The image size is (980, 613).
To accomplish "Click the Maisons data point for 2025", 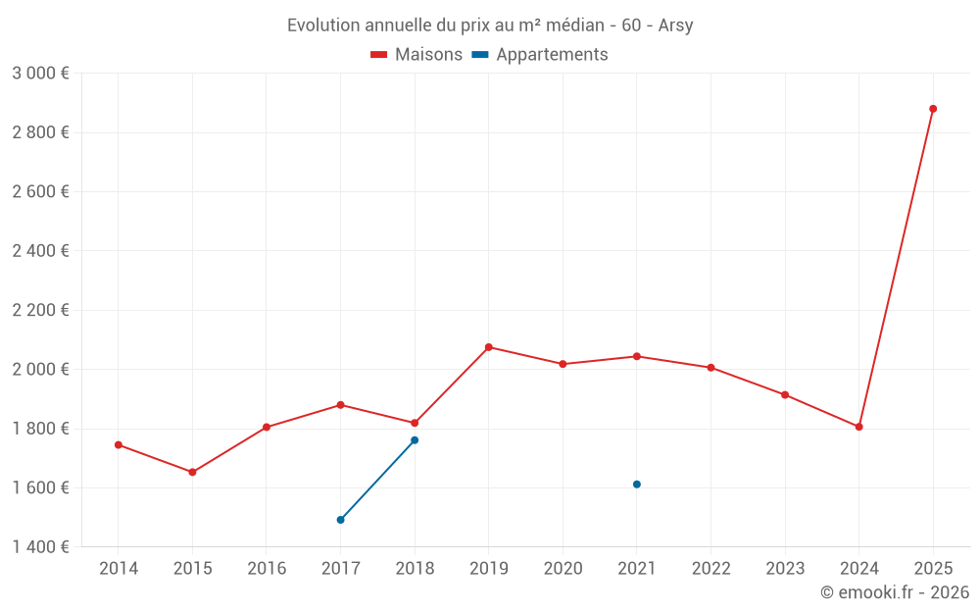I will pyautogui.click(x=933, y=109).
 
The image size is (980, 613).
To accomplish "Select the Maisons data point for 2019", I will pyautogui.click(x=489, y=347).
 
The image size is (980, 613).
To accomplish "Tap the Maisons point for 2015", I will pyautogui.click(x=192, y=472).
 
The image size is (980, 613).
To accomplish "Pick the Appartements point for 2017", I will pyautogui.click(x=340, y=520).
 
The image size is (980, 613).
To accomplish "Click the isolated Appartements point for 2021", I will pyautogui.click(x=637, y=485).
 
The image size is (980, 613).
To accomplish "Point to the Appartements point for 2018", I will pyautogui.click(x=415, y=440).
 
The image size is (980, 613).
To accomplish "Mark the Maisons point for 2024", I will pyautogui.click(x=858, y=427).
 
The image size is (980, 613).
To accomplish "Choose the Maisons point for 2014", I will pyautogui.click(x=119, y=444).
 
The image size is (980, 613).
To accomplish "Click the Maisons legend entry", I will pyautogui.click(x=416, y=55).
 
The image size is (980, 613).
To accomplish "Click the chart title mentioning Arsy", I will pyautogui.click(x=490, y=26).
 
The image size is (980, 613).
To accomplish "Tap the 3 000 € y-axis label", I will pyautogui.click(x=40, y=74).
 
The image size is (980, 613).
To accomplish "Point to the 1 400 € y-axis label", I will pyautogui.click(x=40, y=547).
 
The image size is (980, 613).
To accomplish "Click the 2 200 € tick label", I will pyautogui.click(x=40, y=310).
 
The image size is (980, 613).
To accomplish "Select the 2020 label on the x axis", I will pyautogui.click(x=563, y=569).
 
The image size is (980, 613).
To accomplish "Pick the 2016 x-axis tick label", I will pyautogui.click(x=267, y=569).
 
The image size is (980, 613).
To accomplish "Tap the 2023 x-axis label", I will pyautogui.click(x=785, y=569).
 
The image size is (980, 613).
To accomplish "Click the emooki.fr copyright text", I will pyautogui.click(x=894, y=592).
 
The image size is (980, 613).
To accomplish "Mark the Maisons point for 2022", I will pyautogui.click(x=710, y=368).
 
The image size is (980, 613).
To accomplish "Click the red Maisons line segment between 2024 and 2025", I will pyautogui.click(x=896, y=268).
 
